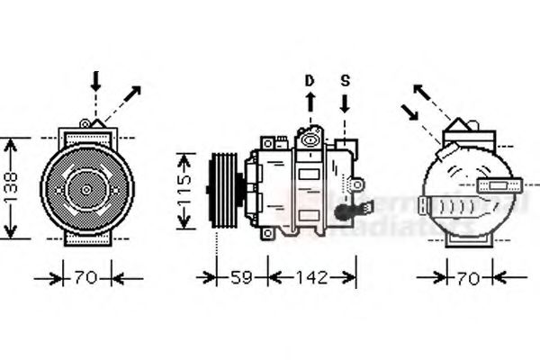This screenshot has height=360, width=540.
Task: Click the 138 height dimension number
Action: pyautogui.click(x=12, y=188)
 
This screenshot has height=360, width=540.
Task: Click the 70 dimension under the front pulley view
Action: pyautogui.click(x=85, y=278)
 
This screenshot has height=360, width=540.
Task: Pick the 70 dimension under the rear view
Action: pyautogui.click(x=467, y=278)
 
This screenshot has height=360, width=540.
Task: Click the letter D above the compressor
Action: pyautogui.click(x=309, y=81)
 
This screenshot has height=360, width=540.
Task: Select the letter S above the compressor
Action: pyautogui.click(x=345, y=81)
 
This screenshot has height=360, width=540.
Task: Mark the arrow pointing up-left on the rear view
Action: pyautogui.click(x=427, y=98)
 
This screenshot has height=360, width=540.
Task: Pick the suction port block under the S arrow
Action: pyautogui.click(x=346, y=145)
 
